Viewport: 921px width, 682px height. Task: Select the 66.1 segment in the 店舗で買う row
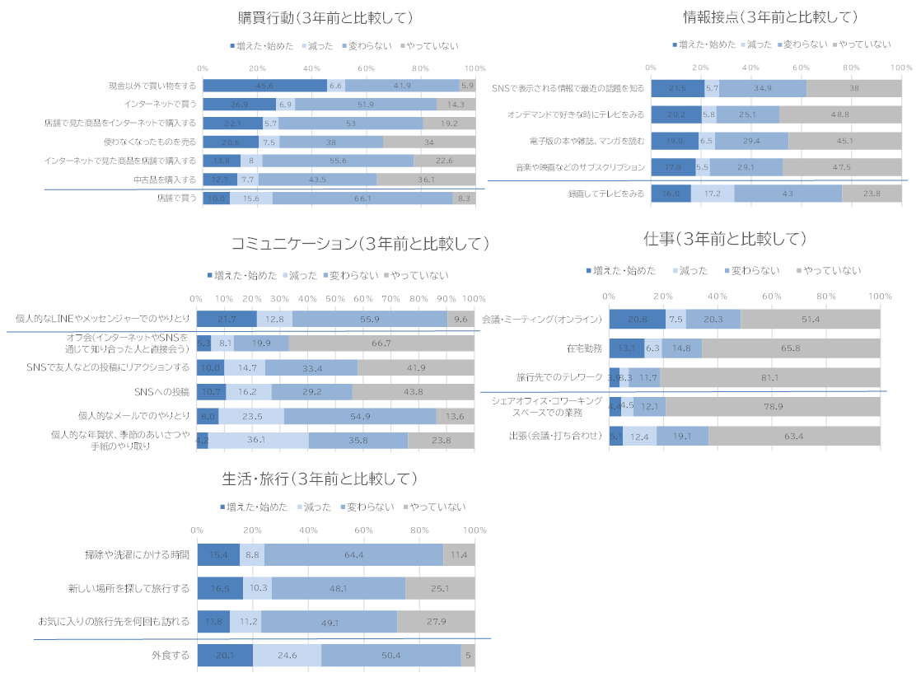pos(362,199)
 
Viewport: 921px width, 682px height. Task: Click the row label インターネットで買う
pos(161,105)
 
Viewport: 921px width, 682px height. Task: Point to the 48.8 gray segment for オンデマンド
pos(840,114)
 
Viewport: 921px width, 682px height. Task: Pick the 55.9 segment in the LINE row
pos(369,319)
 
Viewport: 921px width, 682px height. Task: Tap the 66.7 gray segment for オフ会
pos(381,343)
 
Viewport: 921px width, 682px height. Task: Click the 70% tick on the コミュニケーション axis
pos(390,299)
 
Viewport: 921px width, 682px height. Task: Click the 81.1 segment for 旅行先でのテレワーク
pos(770,378)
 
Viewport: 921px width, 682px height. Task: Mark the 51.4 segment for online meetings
pos(811,319)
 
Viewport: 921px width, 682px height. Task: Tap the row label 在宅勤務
pos(586,348)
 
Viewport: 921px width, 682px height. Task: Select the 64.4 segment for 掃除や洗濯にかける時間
pos(353,555)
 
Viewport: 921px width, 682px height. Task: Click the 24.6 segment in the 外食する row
pos(287,656)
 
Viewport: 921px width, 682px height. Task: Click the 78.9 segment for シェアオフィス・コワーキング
pos(773,407)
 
